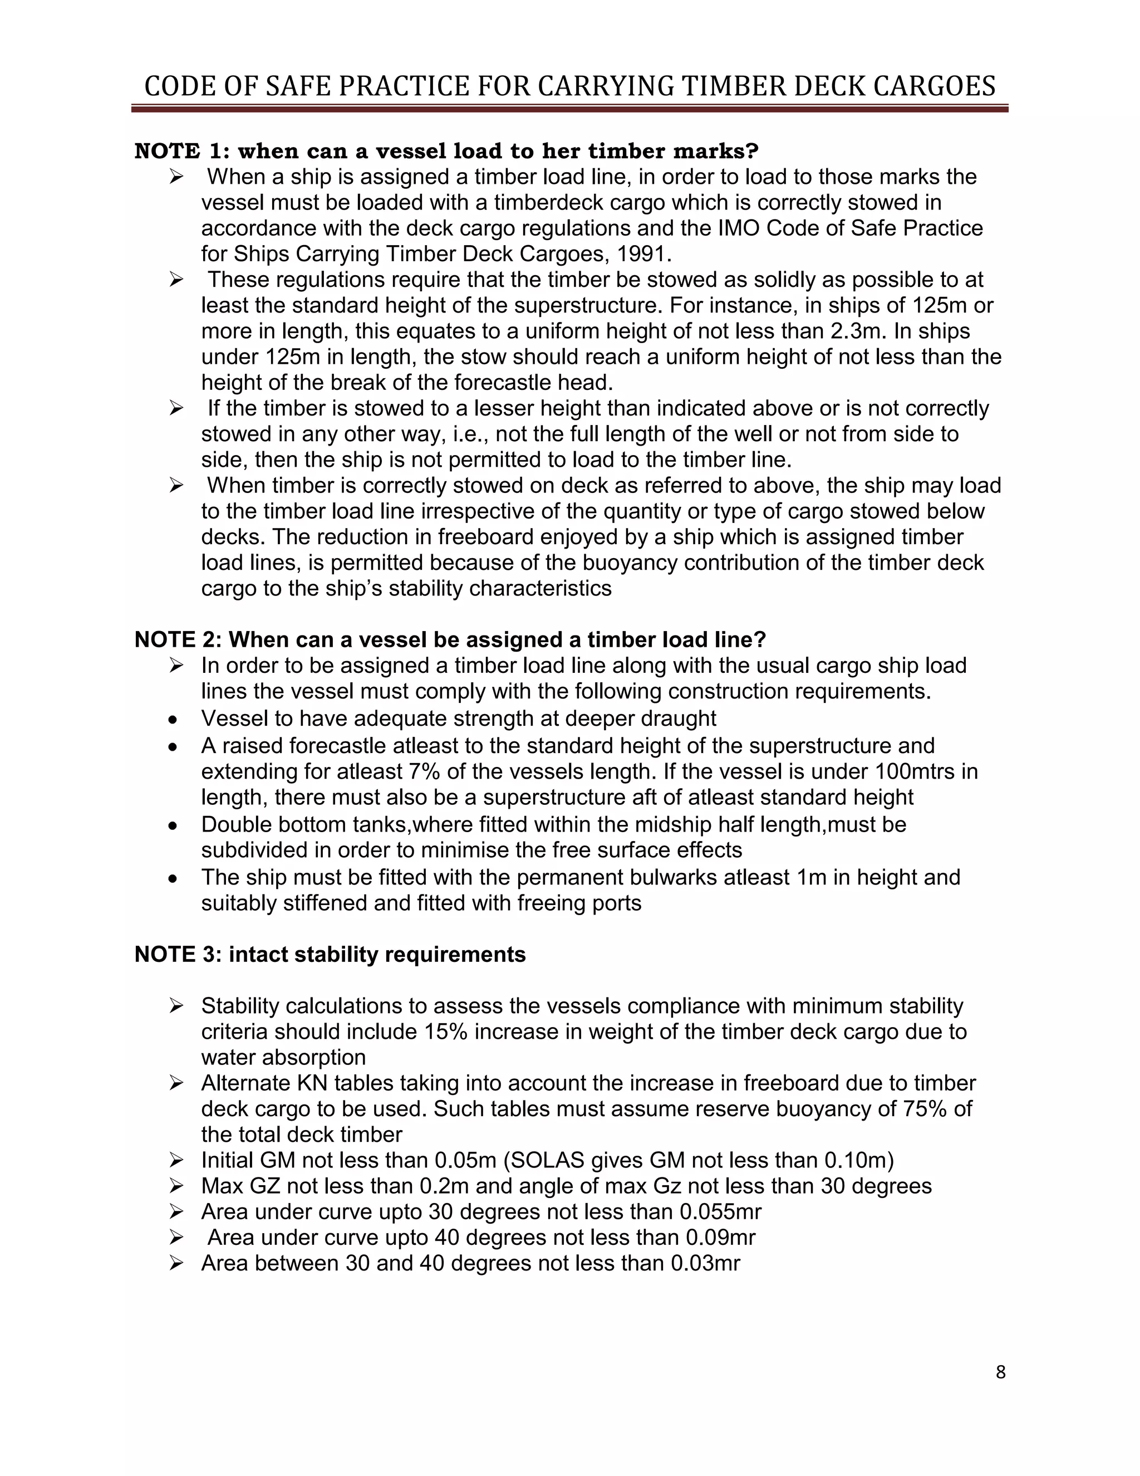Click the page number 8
click(1000, 1372)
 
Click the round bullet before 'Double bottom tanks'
click(174, 826)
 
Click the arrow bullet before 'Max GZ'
click(176, 1186)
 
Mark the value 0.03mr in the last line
click(705, 1263)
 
